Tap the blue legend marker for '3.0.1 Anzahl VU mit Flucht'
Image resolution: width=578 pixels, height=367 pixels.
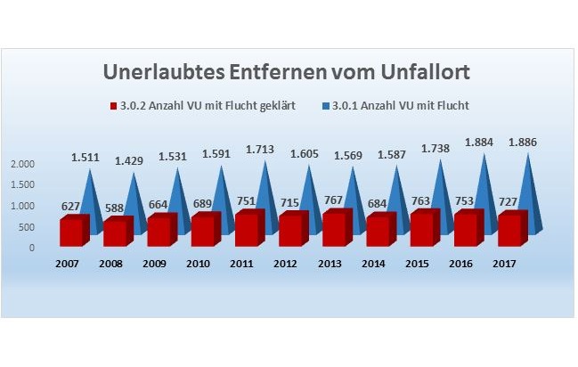(x=323, y=106)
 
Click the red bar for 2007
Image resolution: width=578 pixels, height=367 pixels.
(x=74, y=231)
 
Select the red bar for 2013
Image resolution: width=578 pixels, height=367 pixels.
(x=334, y=228)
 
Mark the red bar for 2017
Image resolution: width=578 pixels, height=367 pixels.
(x=508, y=229)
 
